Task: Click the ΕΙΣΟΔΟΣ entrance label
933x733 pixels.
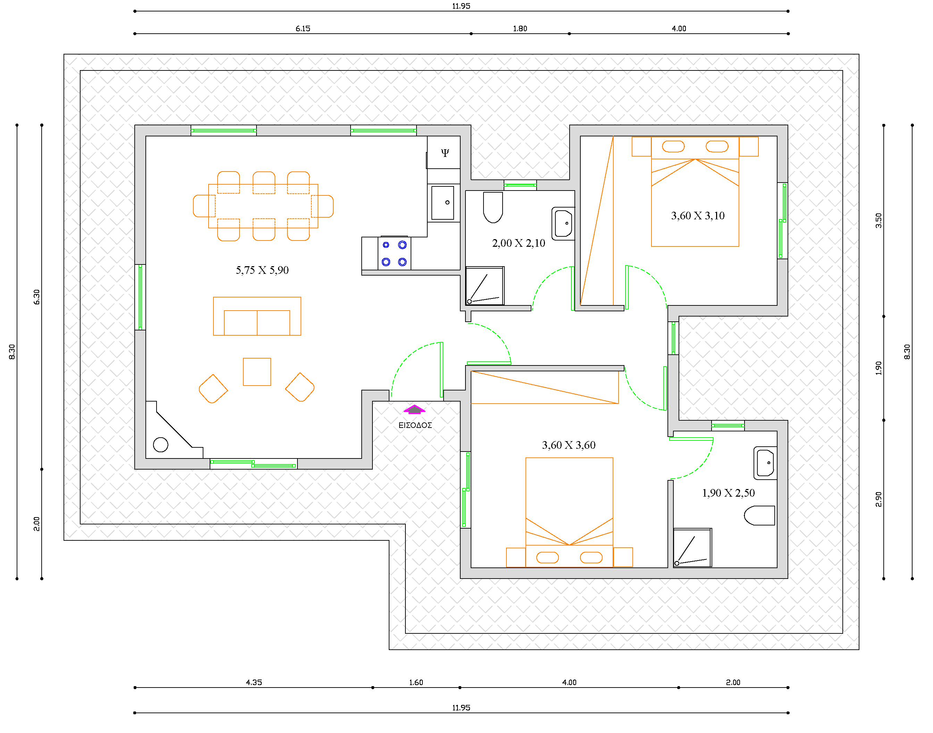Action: (415, 425)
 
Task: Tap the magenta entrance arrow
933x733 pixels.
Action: (414, 410)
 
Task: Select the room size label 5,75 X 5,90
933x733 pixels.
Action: (262, 270)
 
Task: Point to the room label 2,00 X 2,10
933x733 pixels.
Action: (519, 243)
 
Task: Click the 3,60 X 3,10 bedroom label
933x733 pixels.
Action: (698, 216)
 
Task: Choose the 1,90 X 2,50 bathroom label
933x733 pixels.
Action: (728, 493)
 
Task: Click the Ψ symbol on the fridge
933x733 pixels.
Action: (445, 152)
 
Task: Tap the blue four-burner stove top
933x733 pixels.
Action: (394, 253)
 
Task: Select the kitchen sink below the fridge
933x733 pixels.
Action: (443, 203)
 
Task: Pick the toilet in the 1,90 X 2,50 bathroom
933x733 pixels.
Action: (759, 515)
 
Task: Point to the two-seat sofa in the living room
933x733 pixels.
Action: (257, 316)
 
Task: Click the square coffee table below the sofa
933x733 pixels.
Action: (257, 372)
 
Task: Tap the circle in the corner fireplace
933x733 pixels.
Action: (160, 445)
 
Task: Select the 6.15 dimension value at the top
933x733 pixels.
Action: (303, 29)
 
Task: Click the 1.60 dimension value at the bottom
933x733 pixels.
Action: (416, 682)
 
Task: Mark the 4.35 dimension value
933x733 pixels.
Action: (254, 682)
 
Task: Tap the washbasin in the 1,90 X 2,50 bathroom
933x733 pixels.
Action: (766, 463)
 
